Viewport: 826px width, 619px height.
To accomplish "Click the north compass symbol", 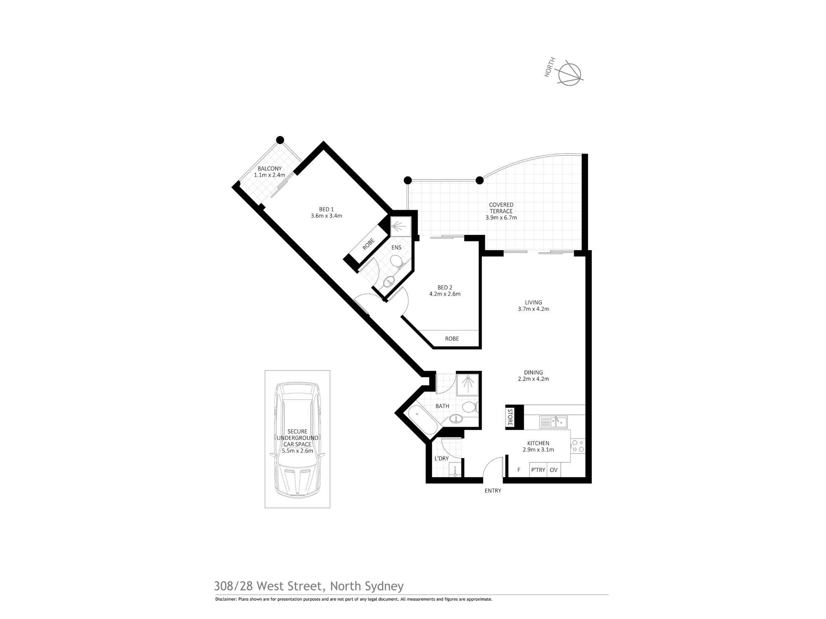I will pyautogui.click(x=570, y=74).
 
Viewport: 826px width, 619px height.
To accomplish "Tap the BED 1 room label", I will pyautogui.click(x=326, y=209).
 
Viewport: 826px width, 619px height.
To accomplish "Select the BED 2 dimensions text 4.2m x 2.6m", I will pyautogui.click(x=445, y=294).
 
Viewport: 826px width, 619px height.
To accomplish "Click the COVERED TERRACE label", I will pyautogui.click(x=501, y=208).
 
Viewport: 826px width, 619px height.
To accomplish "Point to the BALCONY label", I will pyautogui.click(x=269, y=168).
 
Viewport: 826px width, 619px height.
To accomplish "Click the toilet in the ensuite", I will pyautogui.click(x=396, y=260).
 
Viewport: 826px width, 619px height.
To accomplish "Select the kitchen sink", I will pyautogui.click(x=553, y=422).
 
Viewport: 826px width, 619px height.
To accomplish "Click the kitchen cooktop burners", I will pyautogui.click(x=578, y=446).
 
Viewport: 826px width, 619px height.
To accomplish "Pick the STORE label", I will pyautogui.click(x=510, y=417).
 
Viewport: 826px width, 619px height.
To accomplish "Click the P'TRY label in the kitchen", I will pyautogui.click(x=538, y=470).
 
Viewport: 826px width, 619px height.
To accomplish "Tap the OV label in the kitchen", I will pyautogui.click(x=554, y=470).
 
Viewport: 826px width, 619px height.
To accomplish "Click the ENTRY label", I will pyautogui.click(x=493, y=491).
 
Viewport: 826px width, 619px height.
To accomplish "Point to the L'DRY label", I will pyautogui.click(x=441, y=458).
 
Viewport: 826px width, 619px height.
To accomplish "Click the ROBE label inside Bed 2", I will pyautogui.click(x=452, y=339).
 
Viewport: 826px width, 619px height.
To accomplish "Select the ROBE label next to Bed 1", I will pyautogui.click(x=368, y=244).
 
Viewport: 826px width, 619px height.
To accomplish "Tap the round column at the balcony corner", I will pyautogui.click(x=280, y=139).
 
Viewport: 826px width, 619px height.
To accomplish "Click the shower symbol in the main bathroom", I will pyautogui.click(x=468, y=384).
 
